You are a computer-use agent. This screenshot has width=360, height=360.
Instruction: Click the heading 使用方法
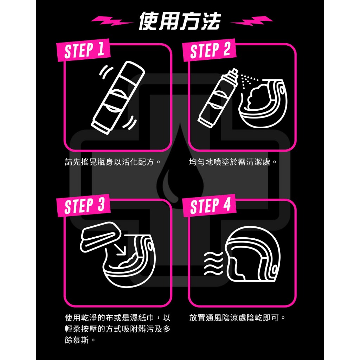[x=180, y=21]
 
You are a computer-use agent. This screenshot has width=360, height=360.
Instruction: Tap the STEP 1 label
[x=84, y=50]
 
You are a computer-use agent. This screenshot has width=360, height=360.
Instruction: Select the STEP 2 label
[x=210, y=50]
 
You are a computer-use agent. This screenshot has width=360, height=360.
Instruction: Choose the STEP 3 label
[x=84, y=206]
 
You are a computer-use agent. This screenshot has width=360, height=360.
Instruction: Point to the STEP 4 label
[x=210, y=206]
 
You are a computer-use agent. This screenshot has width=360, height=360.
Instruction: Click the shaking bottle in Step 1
[x=118, y=98]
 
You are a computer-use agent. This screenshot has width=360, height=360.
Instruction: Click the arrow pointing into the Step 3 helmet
[x=120, y=249]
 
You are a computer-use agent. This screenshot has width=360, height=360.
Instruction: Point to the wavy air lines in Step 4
[x=213, y=263]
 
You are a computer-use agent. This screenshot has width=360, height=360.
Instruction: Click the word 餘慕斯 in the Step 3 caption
[x=77, y=340]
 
